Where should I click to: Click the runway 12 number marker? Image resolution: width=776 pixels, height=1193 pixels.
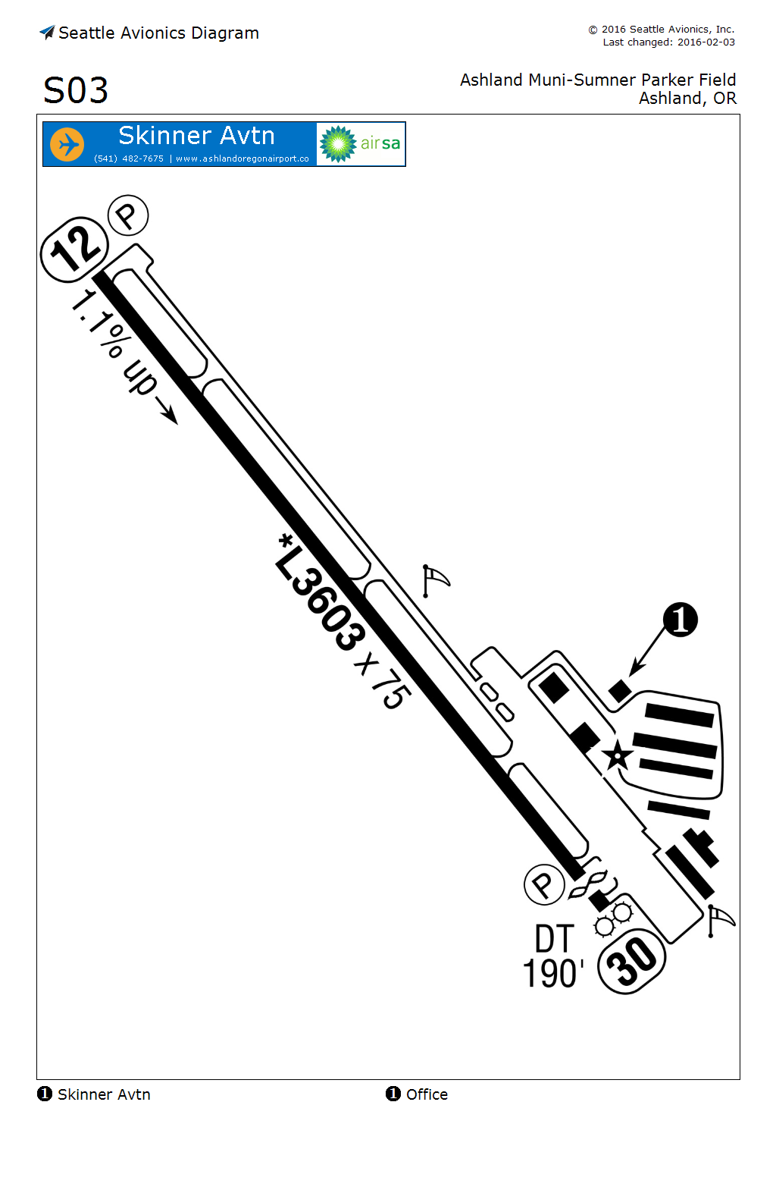(74, 250)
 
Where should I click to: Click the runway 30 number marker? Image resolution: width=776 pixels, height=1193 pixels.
(632, 962)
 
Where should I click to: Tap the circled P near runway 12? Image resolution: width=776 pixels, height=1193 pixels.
(128, 216)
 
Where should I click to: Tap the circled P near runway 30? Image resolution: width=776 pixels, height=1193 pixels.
(544, 884)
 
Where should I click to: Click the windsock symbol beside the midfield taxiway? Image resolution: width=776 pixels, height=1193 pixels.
(434, 581)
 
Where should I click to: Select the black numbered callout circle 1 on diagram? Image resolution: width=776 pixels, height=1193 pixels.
(681, 620)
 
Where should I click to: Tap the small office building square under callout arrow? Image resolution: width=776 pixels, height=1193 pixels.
(620, 690)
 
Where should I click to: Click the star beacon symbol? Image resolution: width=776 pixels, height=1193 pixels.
(617, 755)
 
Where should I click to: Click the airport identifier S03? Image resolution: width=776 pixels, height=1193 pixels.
(76, 91)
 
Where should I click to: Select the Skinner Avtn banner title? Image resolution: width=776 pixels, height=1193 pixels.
(196, 136)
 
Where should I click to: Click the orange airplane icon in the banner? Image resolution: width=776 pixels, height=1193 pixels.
(67, 144)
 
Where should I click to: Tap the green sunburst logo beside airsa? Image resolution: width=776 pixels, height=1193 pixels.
(338, 144)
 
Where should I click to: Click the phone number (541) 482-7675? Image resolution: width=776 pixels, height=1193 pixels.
(129, 159)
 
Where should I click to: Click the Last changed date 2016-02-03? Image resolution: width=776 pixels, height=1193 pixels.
(706, 42)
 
